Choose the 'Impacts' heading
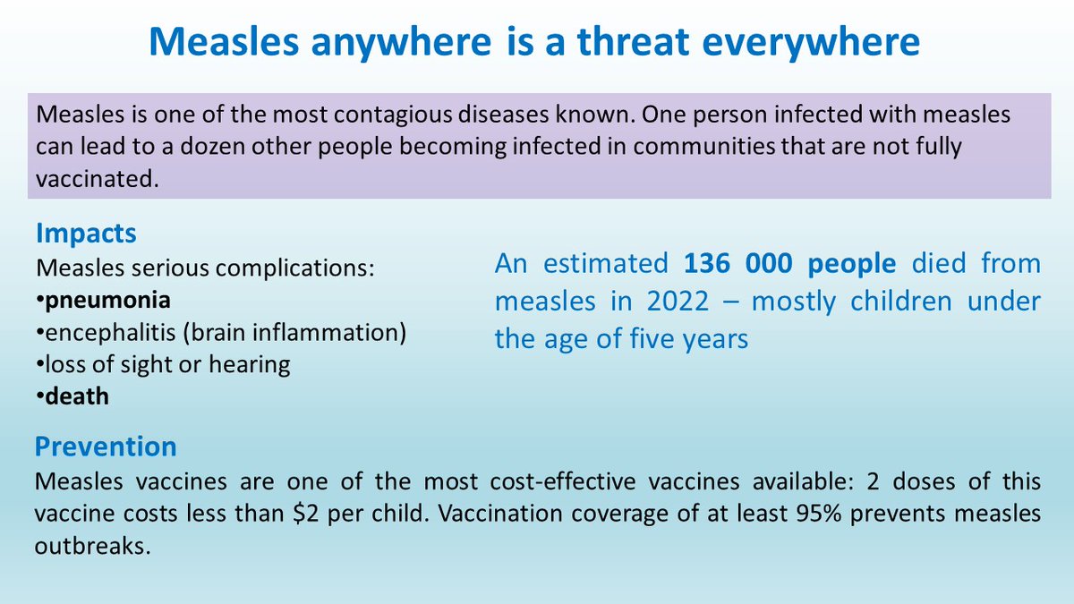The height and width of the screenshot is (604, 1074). pyautogui.click(x=86, y=234)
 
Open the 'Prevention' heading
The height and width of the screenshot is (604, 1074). pyautogui.click(x=106, y=446)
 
